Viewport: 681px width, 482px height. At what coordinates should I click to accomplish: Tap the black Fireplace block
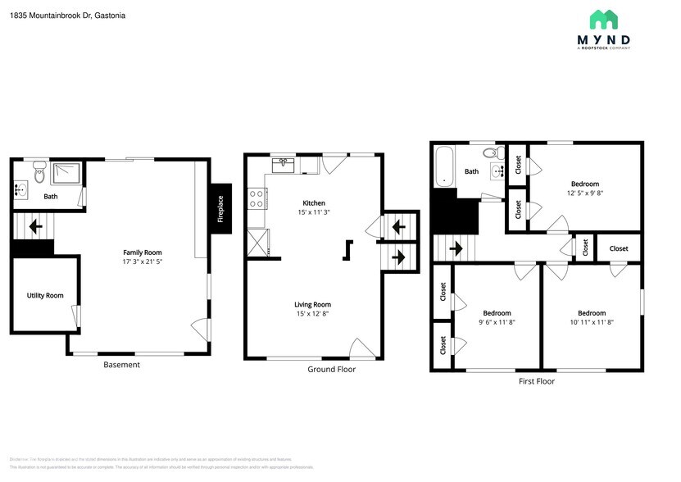tap(220, 208)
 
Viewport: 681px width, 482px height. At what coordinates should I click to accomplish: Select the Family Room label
tap(143, 252)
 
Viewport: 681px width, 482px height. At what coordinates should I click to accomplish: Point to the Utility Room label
tap(45, 295)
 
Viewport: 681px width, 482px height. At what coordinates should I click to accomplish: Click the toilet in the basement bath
tap(39, 172)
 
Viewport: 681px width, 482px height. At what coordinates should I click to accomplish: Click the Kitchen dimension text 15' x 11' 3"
tap(314, 212)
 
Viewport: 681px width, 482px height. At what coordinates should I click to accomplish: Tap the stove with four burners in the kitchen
tap(256, 198)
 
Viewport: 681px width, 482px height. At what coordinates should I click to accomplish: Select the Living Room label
tap(313, 304)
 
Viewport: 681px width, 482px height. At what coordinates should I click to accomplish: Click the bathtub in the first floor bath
tap(443, 166)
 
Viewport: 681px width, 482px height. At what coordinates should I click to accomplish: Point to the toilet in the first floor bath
tap(491, 152)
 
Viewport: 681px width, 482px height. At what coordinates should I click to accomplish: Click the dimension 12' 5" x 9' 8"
tap(585, 193)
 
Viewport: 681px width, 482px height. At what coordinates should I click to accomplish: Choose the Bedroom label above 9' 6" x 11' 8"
tap(497, 312)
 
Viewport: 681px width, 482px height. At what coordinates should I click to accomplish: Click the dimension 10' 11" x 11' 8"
tap(592, 322)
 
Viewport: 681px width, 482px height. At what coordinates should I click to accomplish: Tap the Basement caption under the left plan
tap(121, 365)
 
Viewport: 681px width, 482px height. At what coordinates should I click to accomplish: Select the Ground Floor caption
tap(331, 369)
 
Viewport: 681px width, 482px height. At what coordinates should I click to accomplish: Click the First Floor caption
tap(537, 381)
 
